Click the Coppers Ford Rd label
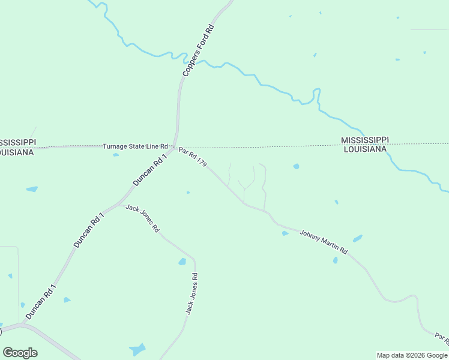(199, 51)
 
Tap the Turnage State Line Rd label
(135, 146)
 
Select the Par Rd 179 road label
(193, 157)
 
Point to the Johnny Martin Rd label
(324, 242)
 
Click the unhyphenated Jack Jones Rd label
(142, 218)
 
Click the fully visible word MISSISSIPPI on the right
(365, 140)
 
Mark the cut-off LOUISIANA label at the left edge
(17, 152)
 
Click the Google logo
(20, 353)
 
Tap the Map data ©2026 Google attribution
(412, 355)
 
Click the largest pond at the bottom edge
(137, 349)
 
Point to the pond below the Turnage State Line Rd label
(116, 154)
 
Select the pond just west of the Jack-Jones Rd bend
(182, 262)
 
